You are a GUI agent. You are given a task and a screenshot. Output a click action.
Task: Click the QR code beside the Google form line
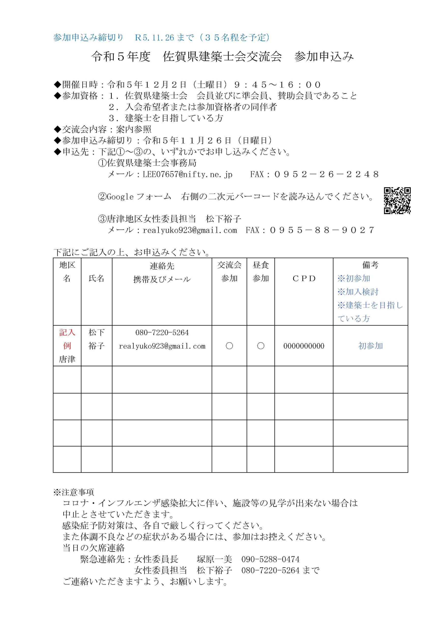click(x=397, y=200)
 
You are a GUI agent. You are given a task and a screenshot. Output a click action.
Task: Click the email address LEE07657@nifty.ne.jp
click(x=187, y=174)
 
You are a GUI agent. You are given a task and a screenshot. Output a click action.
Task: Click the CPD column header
click(x=304, y=278)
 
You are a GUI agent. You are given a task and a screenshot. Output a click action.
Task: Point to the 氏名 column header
click(x=97, y=278)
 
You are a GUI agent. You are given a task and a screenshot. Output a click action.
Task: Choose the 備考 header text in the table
click(x=370, y=265)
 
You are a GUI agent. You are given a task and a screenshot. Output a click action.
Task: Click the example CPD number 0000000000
click(x=304, y=346)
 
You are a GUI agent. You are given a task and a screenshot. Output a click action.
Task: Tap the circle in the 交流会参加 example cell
click(x=229, y=346)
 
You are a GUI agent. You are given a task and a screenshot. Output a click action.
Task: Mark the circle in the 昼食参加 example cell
click(x=261, y=346)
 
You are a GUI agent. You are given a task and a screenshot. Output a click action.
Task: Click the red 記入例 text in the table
click(x=67, y=339)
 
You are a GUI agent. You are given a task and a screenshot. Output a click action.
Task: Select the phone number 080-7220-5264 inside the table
click(x=162, y=333)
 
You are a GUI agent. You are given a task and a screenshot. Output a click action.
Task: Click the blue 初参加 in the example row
click(x=371, y=346)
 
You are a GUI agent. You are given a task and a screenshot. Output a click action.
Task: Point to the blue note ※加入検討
click(x=358, y=292)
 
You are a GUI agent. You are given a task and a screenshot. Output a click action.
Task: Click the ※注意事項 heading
click(x=74, y=492)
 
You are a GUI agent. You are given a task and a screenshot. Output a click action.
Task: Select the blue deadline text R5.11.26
click(x=155, y=38)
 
